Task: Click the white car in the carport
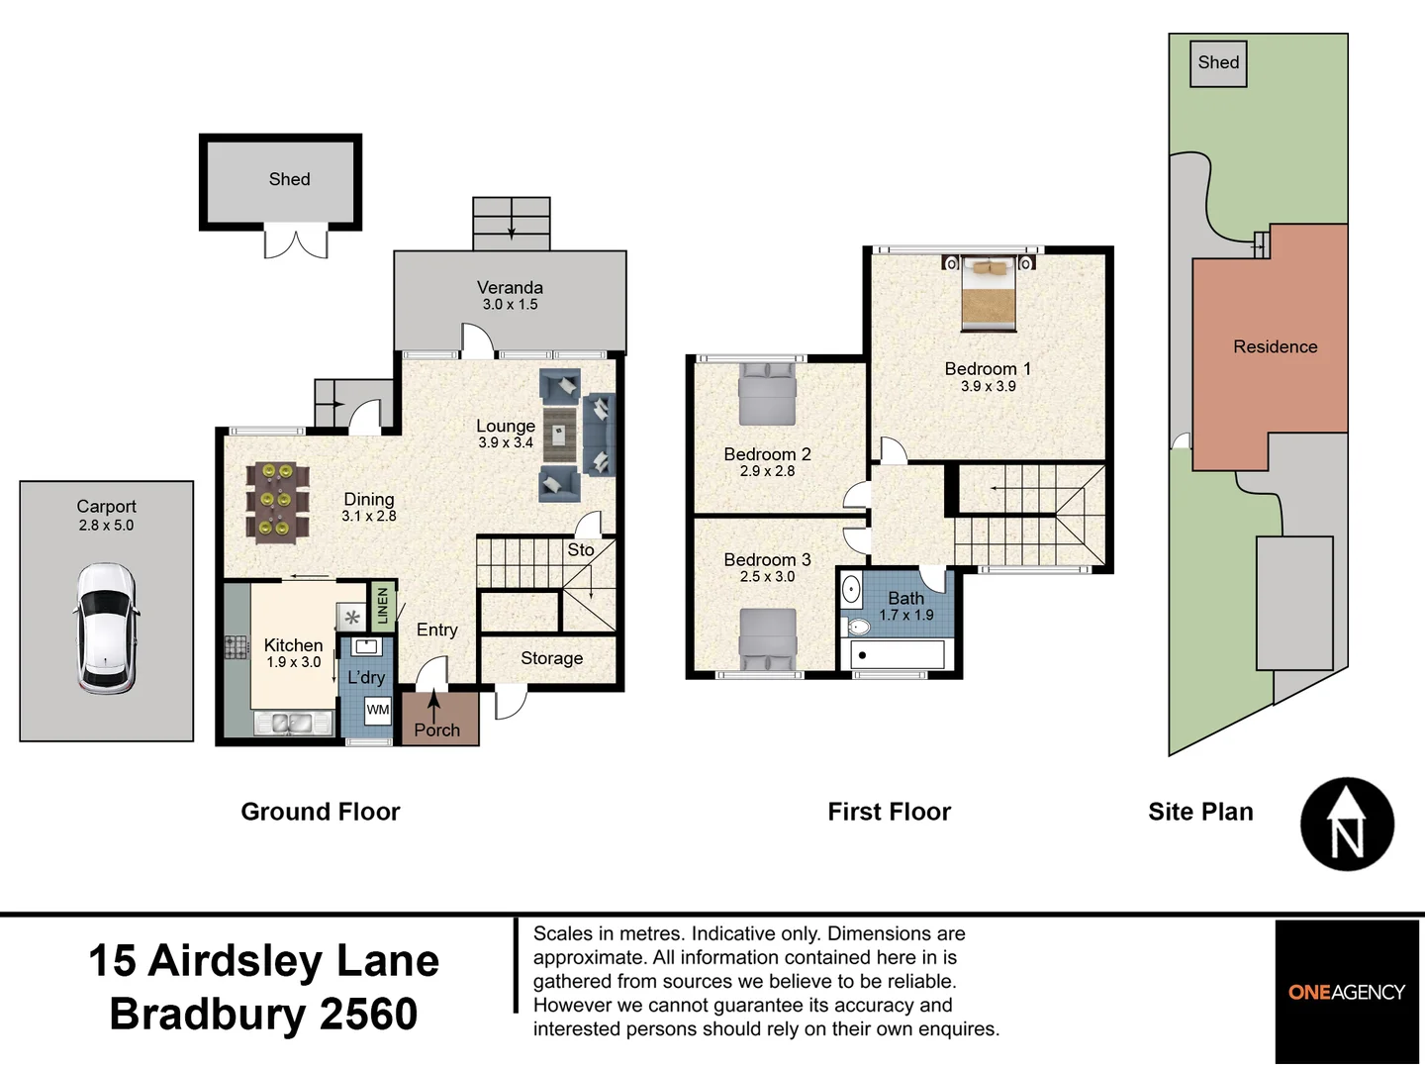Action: click(106, 629)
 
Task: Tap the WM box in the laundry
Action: click(378, 710)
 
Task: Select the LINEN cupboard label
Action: click(383, 606)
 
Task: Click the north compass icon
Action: click(1347, 825)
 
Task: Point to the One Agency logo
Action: click(1346, 992)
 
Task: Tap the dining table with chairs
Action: click(276, 501)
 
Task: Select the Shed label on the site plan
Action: click(1218, 63)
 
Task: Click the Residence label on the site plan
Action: click(1275, 347)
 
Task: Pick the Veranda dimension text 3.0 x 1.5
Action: click(510, 305)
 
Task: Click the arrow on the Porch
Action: click(433, 706)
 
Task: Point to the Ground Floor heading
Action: click(321, 812)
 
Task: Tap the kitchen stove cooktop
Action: click(236, 647)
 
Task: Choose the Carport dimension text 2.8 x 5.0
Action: click(106, 526)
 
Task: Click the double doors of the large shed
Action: click(295, 243)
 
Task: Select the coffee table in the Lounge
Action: click(559, 433)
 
